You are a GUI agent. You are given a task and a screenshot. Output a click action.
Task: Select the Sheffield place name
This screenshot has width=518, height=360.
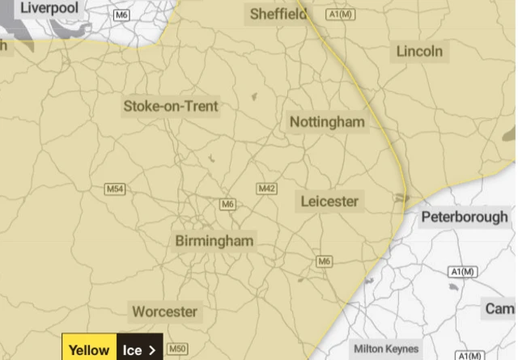(x=278, y=14)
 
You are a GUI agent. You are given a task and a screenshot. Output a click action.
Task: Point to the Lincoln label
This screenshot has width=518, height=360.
(x=419, y=52)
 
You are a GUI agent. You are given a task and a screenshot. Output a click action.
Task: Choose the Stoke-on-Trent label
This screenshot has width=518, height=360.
(x=171, y=106)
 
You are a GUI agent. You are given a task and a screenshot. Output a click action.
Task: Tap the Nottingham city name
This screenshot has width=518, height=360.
(x=327, y=122)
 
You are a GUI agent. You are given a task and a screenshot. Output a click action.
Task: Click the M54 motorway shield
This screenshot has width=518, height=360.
(x=116, y=189)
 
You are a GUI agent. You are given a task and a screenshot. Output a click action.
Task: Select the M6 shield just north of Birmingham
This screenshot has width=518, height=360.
(x=227, y=205)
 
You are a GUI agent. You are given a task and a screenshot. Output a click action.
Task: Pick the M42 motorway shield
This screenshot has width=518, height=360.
(x=266, y=188)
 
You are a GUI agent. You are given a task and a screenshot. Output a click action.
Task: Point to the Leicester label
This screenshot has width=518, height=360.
(x=329, y=201)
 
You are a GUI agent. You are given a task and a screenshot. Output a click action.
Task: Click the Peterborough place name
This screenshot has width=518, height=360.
(x=465, y=217)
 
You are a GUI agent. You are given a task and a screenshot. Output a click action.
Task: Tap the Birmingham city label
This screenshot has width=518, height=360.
(x=214, y=241)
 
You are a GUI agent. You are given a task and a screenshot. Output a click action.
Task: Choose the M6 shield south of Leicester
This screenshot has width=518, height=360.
(x=325, y=260)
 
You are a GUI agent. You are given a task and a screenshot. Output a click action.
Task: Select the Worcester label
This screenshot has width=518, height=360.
(x=165, y=311)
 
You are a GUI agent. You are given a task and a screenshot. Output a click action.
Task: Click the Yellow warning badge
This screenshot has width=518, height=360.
(x=89, y=350)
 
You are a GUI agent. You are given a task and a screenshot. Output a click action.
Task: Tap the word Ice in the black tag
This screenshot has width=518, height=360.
(x=132, y=350)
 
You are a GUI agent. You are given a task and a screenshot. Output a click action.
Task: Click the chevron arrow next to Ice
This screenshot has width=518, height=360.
(x=151, y=350)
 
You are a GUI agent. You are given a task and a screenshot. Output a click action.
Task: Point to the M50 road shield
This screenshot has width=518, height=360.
(x=176, y=349)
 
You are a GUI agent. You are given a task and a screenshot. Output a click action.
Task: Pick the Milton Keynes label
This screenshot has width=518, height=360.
(x=387, y=349)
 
